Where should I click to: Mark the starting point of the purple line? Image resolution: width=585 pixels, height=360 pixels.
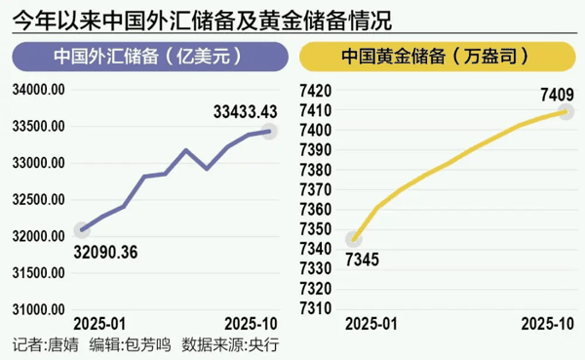point(83,230)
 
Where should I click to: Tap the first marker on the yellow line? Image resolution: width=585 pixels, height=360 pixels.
point(355,239)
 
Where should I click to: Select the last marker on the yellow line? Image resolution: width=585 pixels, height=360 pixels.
point(565,111)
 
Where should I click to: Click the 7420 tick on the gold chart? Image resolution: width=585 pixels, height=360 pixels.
point(318,90)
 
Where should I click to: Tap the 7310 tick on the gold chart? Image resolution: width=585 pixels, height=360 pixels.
point(318,308)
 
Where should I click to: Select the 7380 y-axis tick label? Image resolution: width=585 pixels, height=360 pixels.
point(318,170)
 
